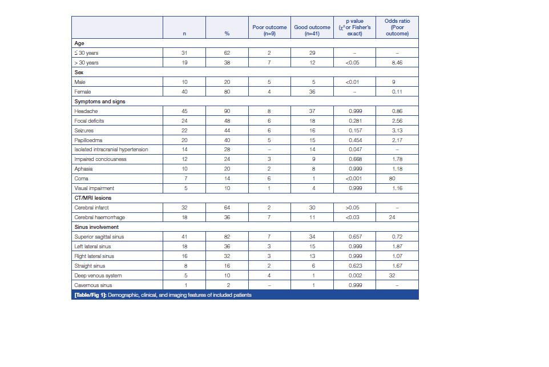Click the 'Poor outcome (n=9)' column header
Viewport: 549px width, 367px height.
click(269, 30)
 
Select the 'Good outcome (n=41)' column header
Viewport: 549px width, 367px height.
click(312, 30)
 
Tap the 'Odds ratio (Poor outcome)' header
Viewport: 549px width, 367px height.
click(397, 27)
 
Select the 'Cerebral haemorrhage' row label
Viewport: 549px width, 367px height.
click(99, 217)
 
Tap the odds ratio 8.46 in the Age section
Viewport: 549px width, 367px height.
click(397, 63)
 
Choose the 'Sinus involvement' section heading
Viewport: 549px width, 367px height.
click(96, 227)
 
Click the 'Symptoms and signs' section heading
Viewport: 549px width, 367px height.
click(100, 102)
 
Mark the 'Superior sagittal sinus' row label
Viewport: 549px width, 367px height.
click(99, 237)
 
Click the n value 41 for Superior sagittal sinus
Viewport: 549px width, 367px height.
click(184, 237)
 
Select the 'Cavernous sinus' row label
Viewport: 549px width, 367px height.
click(93, 285)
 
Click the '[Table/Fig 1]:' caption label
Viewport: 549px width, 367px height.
click(90, 295)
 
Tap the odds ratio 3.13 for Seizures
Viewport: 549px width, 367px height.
click(397, 131)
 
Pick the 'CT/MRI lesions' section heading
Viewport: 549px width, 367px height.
click(93, 198)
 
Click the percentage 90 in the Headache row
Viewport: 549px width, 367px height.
click(227, 111)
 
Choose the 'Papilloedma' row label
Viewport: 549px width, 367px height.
click(88, 140)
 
